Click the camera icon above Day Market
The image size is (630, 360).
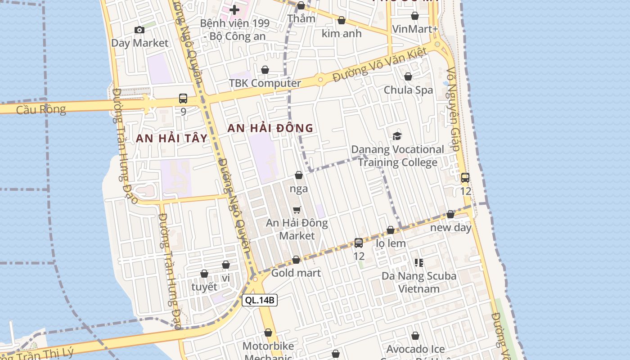click(139, 30)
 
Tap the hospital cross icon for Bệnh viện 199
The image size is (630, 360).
click(234, 9)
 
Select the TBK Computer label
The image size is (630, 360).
click(265, 83)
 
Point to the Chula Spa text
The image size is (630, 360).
click(408, 90)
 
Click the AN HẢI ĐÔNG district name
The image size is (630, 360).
click(270, 128)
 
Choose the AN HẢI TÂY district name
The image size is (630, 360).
click(171, 139)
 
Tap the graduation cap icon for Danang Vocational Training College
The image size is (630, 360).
click(397, 136)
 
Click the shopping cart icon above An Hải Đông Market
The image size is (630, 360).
click(297, 210)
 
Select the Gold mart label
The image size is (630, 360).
click(296, 273)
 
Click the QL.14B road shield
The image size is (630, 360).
click(260, 300)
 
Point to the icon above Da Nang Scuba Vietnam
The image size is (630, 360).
click(418, 262)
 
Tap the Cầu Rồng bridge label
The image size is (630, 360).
click(41, 109)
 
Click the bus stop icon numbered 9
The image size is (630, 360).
click(183, 99)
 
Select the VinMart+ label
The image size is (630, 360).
click(414, 29)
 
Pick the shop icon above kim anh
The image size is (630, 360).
click(342, 21)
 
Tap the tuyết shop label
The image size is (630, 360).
click(204, 287)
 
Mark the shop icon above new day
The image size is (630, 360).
click(450, 215)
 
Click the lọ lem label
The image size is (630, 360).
click(391, 243)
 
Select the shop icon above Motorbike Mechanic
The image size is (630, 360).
click(268, 333)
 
